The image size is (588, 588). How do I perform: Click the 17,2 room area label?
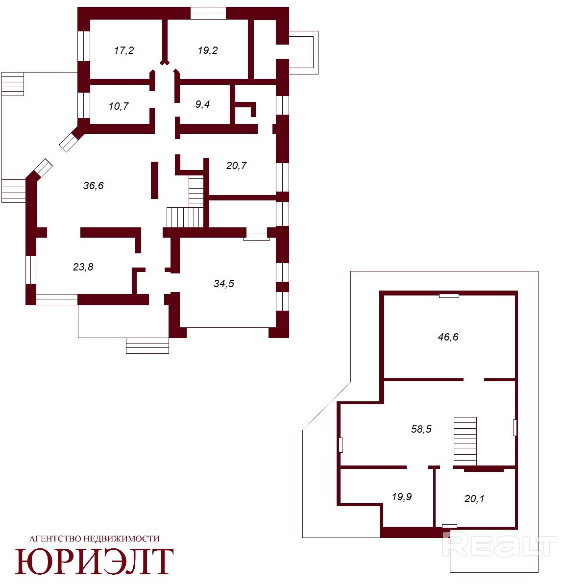124,50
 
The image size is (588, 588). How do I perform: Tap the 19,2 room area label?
207,50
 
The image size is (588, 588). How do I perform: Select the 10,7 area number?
119,106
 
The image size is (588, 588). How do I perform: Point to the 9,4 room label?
202,104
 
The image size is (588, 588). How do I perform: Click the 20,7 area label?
237,166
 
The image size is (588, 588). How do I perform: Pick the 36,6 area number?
94,185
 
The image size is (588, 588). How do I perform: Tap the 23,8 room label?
83,267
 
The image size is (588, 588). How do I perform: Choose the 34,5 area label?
223,284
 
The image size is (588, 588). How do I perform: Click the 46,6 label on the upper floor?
448,337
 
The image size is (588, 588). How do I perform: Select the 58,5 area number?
421,429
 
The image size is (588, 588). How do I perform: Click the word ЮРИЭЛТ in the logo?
95,562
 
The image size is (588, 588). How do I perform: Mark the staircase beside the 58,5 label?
465,441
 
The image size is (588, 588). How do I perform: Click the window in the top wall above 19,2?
208,13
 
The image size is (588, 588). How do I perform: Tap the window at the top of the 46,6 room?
449,295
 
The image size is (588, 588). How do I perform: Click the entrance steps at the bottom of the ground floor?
147,345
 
